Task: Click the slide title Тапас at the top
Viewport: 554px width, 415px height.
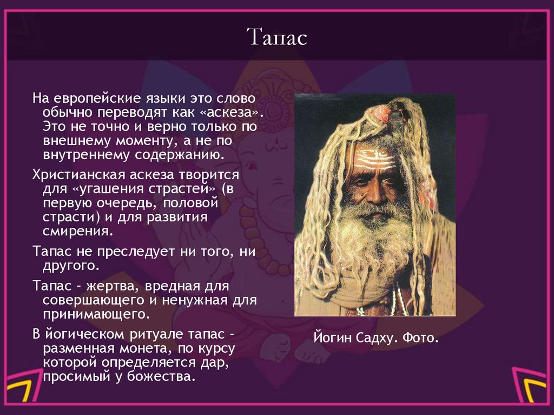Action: pyautogui.click(x=276, y=38)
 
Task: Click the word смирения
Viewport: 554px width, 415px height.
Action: pyautogui.click(x=78, y=232)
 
